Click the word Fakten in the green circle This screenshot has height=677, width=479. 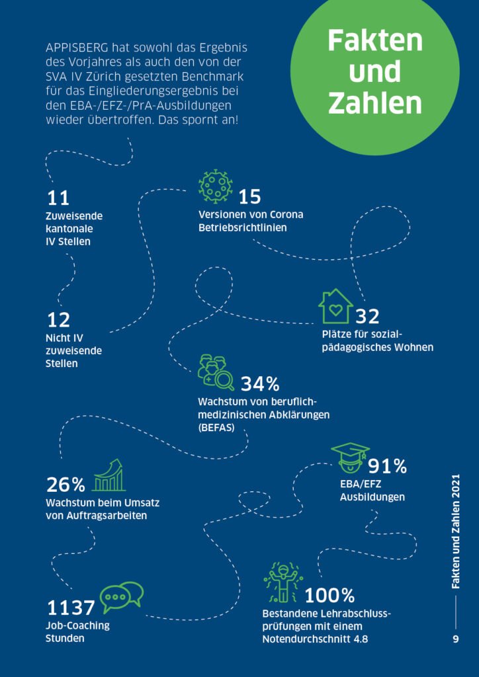(375, 41)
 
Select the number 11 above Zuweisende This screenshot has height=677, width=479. (58, 198)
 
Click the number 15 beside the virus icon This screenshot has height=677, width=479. (250, 197)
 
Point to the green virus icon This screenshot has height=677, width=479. (216, 186)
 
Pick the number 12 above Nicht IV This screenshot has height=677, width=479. (59, 321)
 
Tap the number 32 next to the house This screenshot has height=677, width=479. (367, 317)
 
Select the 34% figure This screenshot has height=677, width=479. (259, 383)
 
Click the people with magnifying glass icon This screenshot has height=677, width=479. (216, 373)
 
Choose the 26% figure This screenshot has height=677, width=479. (65, 485)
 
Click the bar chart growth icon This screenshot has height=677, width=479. (109, 476)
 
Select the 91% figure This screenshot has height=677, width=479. (387, 466)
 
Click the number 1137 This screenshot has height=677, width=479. (71, 607)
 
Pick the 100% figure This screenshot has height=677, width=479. (329, 596)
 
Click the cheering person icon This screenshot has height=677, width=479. (283, 582)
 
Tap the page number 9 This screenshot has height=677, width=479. (456, 639)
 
